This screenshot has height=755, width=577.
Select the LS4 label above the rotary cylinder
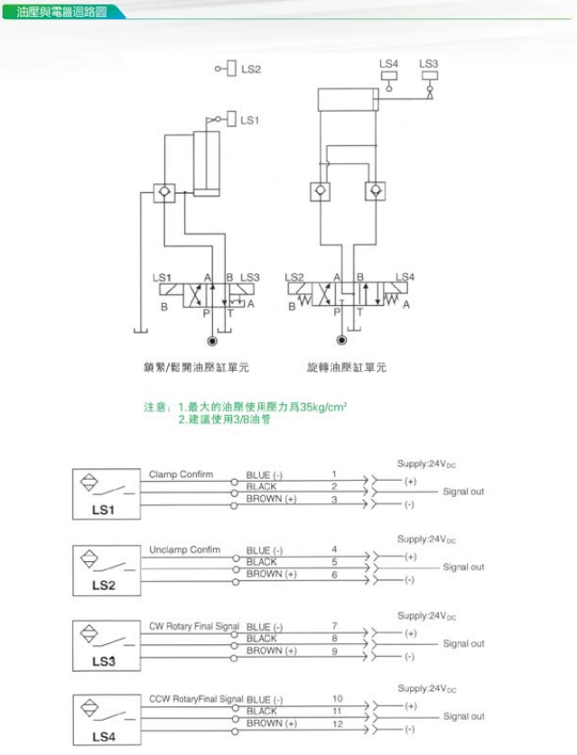(x=388, y=64)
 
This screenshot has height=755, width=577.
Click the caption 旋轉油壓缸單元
(x=347, y=368)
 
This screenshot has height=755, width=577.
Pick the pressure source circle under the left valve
(x=212, y=341)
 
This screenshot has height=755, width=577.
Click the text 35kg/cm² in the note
(x=321, y=408)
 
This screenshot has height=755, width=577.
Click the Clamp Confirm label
(x=181, y=474)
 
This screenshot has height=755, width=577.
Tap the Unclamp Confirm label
(x=184, y=549)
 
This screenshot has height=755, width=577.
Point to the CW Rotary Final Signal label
(x=194, y=626)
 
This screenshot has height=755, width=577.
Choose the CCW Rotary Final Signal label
(x=196, y=698)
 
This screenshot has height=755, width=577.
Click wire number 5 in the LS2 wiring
(x=334, y=561)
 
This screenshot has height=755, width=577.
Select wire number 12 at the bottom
(x=337, y=723)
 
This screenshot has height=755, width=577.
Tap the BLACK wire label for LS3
(x=262, y=638)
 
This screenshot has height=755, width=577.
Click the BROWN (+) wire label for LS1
(x=271, y=499)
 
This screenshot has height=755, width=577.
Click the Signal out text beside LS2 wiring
(x=463, y=567)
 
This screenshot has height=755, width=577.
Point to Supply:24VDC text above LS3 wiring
(x=426, y=616)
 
